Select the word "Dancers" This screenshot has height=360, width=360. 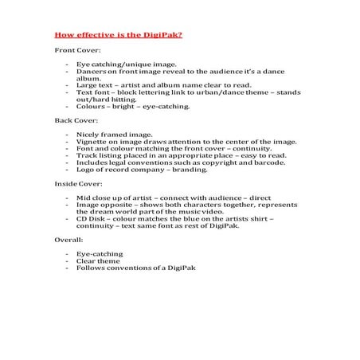pos(90,70)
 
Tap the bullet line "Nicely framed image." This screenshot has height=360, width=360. pos(112,133)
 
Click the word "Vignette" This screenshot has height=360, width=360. pos(91,140)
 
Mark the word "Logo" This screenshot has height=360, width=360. pos(84,168)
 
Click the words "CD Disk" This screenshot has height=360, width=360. pos(90,217)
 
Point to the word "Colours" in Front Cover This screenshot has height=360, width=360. pos(91,105)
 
